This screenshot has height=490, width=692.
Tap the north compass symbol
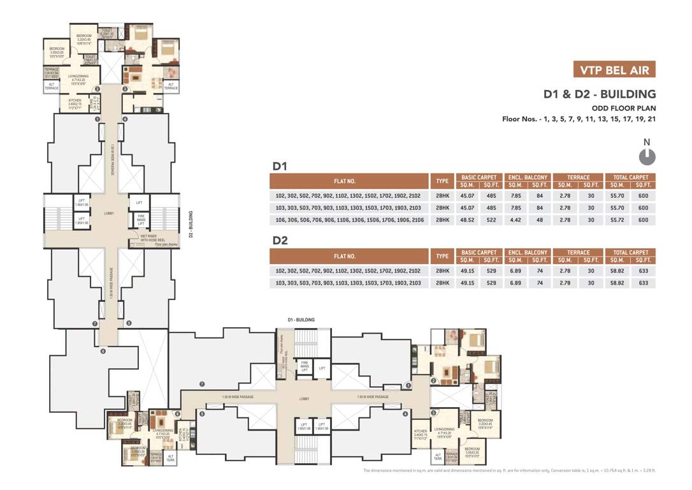pyautogui.click(x=646, y=155)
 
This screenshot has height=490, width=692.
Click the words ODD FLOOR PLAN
pyautogui.click(x=624, y=108)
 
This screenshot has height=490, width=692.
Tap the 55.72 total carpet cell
pyautogui.click(x=617, y=219)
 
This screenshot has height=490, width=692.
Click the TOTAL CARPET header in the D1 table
pyautogui.click(x=630, y=177)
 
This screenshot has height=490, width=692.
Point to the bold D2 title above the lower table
pyautogui.click(x=281, y=241)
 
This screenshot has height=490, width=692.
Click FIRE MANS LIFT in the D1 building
pyautogui.click(x=296, y=366)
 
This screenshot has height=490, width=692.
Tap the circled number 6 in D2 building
pyautogui.click(x=102, y=351)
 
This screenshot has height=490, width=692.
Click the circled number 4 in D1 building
pyautogui.click(x=405, y=414)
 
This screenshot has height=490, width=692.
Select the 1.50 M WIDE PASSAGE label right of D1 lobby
pyautogui.click(x=366, y=396)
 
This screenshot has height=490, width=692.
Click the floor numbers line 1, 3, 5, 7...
pyautogui.click(x=579, y=119)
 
